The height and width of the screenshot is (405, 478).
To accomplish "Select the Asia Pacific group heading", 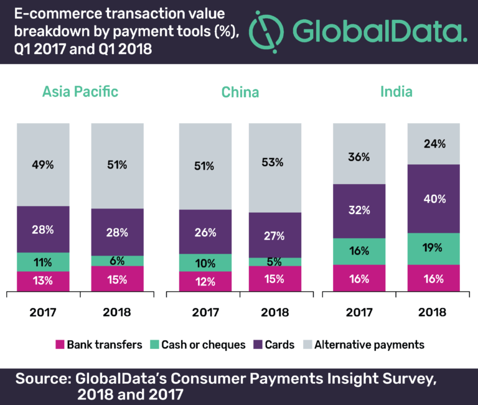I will click(80, 92).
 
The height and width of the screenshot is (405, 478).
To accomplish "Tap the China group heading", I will click(240, 93).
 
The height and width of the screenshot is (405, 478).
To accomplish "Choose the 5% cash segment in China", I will click(276, 262).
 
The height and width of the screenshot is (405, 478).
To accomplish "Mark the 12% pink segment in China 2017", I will click(205, 281).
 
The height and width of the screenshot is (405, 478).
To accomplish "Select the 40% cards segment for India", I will click(434, 199).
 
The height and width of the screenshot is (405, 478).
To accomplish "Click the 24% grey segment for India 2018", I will click(434, 144).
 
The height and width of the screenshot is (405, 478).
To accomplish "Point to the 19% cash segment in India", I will click(434, 249).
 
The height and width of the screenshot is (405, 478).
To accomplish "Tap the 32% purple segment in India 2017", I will click(359, 211).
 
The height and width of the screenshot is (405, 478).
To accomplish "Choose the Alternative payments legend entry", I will click(364, 345).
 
